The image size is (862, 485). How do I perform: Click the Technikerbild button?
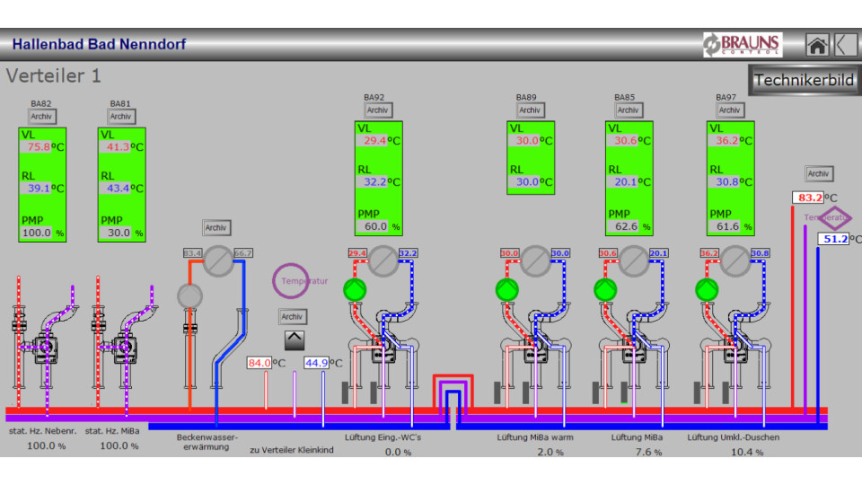click(x=804, y=80)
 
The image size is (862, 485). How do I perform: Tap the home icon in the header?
click(x=816, y=45)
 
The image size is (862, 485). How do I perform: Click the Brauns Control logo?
click(x=743, y=45)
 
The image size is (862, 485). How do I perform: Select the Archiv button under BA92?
click(x=378, y=110)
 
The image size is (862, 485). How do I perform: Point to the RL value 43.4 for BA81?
click(x=119, y=189)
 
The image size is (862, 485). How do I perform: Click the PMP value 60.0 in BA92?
click(x=375, y=227)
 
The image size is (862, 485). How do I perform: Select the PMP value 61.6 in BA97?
click(x=726, y=227)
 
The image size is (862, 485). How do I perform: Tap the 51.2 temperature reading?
click(x=833, y=239)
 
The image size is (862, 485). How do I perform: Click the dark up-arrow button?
click(x=295, y=340)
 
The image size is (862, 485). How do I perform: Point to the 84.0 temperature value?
click(x=259, y=363)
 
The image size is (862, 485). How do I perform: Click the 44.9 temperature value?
click(x=316, y=363)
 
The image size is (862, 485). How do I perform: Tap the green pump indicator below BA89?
click(x=507, y=290)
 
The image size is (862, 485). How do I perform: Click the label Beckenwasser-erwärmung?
click(x=207, y=442)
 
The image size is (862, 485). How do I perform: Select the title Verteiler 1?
click(x=54, y=76)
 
